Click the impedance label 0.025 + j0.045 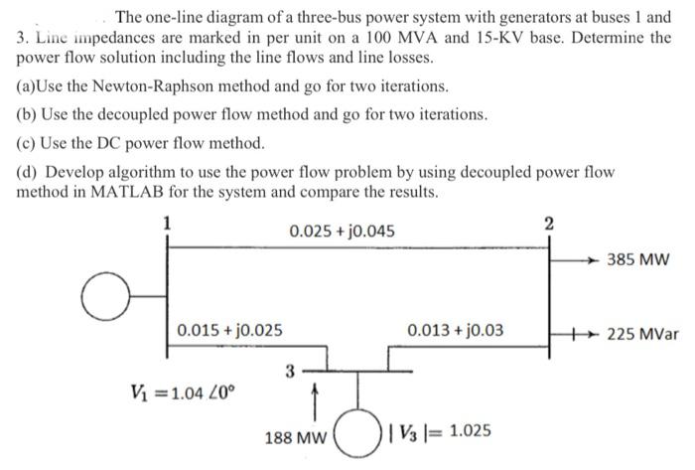(342, 233)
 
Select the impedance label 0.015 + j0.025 (228, 329)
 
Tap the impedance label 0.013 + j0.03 (455, 329)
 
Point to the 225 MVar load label (644, 334)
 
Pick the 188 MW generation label (295, 435)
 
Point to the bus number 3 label (289, 373)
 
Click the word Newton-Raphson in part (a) (140, 86)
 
